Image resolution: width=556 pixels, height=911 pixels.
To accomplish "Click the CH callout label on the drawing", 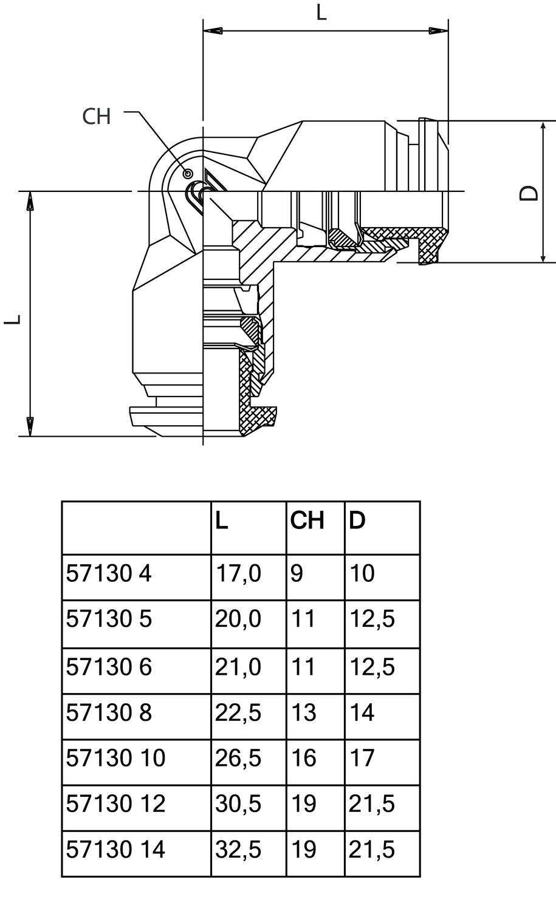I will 97,116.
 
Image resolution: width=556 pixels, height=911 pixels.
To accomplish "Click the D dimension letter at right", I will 529,193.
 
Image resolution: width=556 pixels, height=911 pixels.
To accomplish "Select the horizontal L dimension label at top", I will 321,12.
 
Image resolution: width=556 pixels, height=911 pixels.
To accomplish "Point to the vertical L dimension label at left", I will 13,318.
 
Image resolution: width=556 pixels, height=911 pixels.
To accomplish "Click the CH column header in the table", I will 307,520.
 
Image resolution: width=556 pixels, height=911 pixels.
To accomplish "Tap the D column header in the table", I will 357,520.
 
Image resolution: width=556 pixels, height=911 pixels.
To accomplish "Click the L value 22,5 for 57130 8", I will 238,712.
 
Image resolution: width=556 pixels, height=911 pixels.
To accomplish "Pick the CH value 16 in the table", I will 303,758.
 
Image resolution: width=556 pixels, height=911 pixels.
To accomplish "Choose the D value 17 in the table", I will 362,758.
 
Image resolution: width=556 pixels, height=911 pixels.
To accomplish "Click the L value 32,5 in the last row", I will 238,849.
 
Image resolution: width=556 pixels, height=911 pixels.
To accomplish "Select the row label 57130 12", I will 115,804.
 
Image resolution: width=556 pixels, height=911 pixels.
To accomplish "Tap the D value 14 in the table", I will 362,712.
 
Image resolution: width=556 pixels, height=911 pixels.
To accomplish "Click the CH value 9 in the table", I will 297,573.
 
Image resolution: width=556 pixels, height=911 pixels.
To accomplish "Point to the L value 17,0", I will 238,573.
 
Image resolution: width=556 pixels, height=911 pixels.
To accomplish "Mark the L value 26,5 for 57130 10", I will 238,758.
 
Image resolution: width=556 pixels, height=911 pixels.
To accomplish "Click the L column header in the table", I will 222,520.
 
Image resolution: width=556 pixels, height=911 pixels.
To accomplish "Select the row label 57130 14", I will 115,849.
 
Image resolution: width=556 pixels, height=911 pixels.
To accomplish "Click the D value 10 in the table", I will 362,573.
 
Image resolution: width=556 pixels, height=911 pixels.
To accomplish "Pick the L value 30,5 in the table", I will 238,804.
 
